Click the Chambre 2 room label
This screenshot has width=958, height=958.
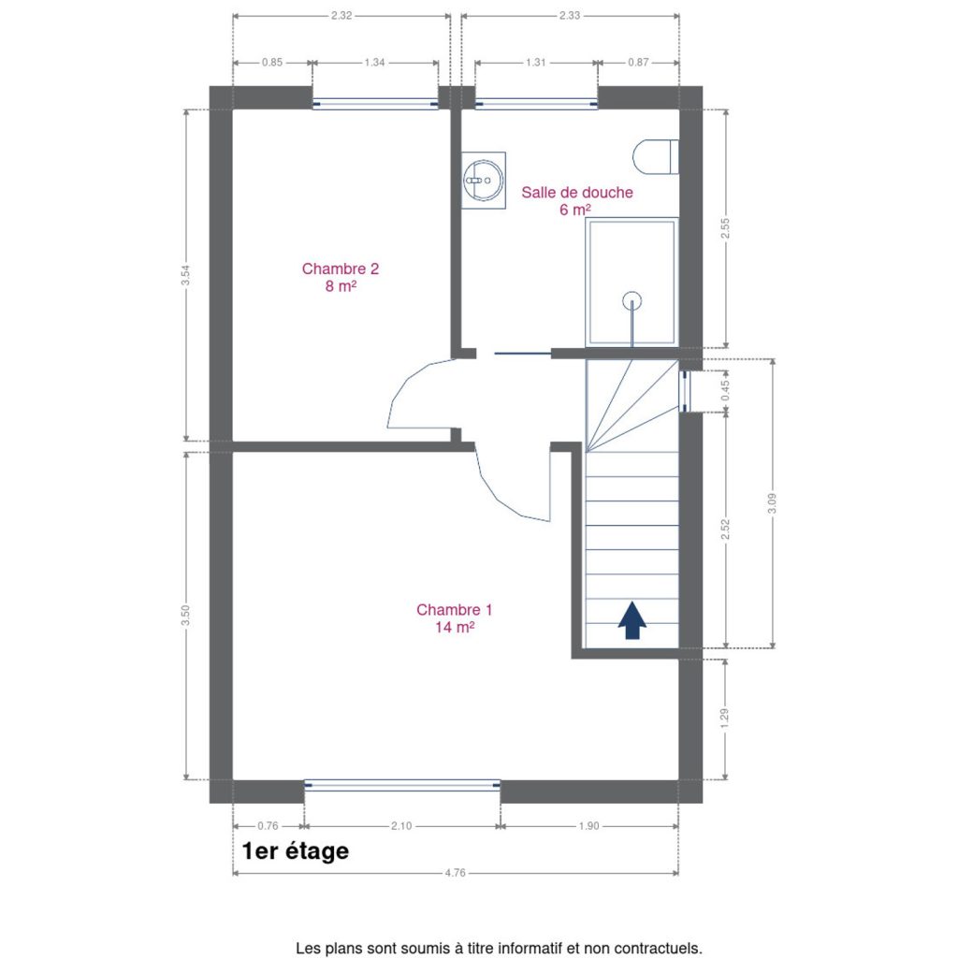tap(341, 277)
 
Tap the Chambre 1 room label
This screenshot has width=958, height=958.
tap(454, 617)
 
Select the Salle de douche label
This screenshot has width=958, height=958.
tap(576, 200)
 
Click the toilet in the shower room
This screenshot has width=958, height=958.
tap(656, 156)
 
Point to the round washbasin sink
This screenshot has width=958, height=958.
tap(484, 181)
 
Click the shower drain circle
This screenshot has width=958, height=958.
tap(631, 300)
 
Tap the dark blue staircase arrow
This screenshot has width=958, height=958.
tap(631, 619)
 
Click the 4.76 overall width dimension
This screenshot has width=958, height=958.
tap(456, 873)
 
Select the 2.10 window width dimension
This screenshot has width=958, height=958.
tap(401, 826)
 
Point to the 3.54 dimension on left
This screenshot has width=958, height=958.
tap(186, 274)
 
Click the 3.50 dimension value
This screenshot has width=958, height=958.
tap(186, 616)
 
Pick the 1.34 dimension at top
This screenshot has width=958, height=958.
tap(374, 63)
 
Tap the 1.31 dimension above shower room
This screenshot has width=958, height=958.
tap(536, 63)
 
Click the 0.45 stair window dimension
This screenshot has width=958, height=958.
tap(725, 390)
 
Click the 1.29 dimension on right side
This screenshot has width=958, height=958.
tap(725, 718)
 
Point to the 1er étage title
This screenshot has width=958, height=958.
tap(296, 850)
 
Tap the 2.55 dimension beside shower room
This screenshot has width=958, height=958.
tap(725, 228)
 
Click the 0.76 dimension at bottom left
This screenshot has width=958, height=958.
tap(268, 826)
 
